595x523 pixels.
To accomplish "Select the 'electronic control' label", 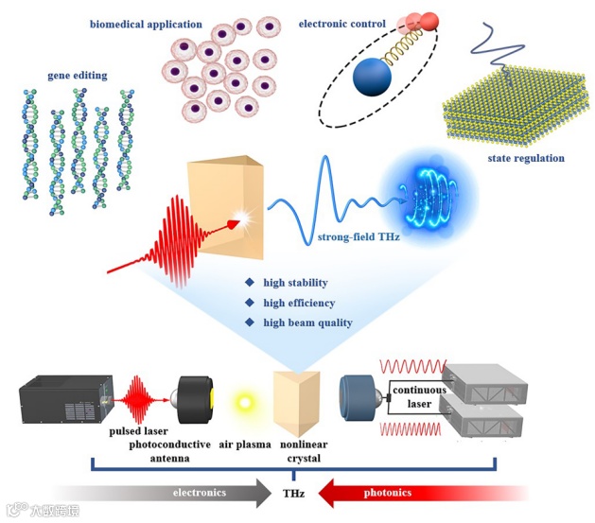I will coord(342,22).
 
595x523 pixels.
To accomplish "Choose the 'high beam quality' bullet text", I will coord(307,323).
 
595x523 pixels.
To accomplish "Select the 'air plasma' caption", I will coord(244,444).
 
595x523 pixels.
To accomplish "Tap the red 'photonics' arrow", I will coord(397,492).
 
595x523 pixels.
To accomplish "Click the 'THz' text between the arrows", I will coord(293,493).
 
